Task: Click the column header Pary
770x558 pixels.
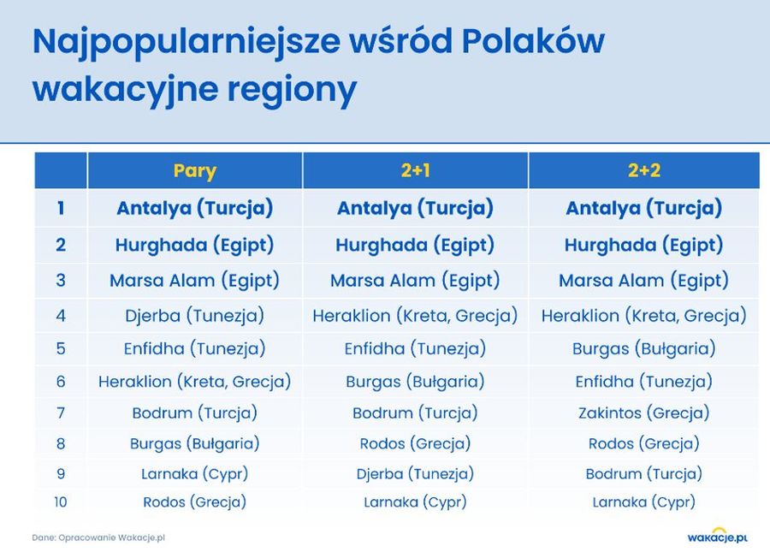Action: [194, 171]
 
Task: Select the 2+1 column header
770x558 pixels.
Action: [416, 170]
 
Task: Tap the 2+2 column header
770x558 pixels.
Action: [643, 170]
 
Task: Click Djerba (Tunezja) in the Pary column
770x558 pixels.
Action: [194, 315]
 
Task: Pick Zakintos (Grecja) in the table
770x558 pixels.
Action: [643, 413]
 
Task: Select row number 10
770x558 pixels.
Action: [61, 502]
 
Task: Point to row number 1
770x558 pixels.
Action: [61, 208]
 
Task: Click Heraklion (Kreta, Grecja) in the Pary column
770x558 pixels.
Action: [194, 382]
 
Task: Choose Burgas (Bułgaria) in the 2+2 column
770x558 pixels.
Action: [643, 349]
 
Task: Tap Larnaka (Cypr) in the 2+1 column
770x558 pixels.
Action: [416, 502]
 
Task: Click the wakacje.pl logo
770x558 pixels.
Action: [718, 536]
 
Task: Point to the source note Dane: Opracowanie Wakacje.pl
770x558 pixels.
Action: [98, 537]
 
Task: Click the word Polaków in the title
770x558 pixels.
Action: [533, 41]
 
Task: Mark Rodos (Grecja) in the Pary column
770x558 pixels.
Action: [194, 502]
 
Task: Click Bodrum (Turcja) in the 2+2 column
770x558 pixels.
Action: [643, 474]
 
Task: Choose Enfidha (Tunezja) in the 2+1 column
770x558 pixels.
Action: [416, 349]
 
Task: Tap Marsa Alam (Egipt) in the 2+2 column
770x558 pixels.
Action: [643, 281]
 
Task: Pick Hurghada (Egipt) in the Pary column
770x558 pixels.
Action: [194, 245]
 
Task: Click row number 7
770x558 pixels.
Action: [61, 413]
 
